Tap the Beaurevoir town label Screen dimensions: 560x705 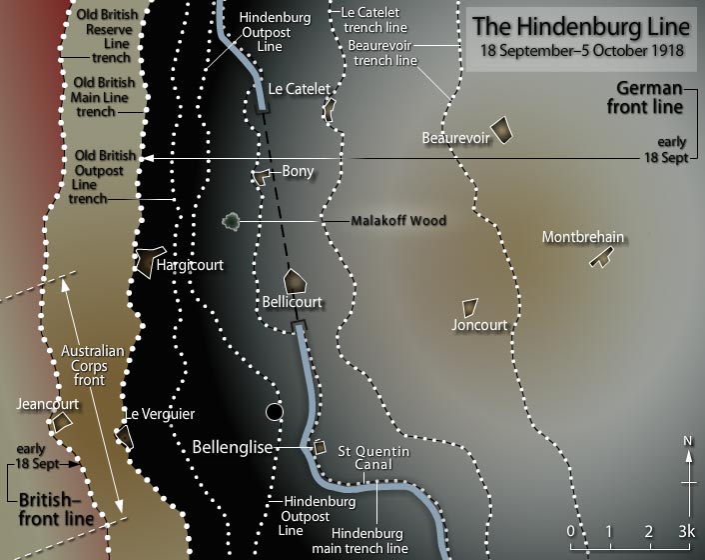(455, 137)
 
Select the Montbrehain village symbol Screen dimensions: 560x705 (599, 259)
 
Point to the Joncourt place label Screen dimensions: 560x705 (479, 325)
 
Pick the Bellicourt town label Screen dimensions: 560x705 (292, 301)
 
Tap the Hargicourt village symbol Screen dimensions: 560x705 (150, 260)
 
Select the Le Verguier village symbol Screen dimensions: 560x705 (125, 435)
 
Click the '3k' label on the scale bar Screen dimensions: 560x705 (686, 530)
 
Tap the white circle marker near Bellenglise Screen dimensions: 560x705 (275, 411)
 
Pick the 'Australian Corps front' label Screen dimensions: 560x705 (92, 366)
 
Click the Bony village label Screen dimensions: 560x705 (298, 171)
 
